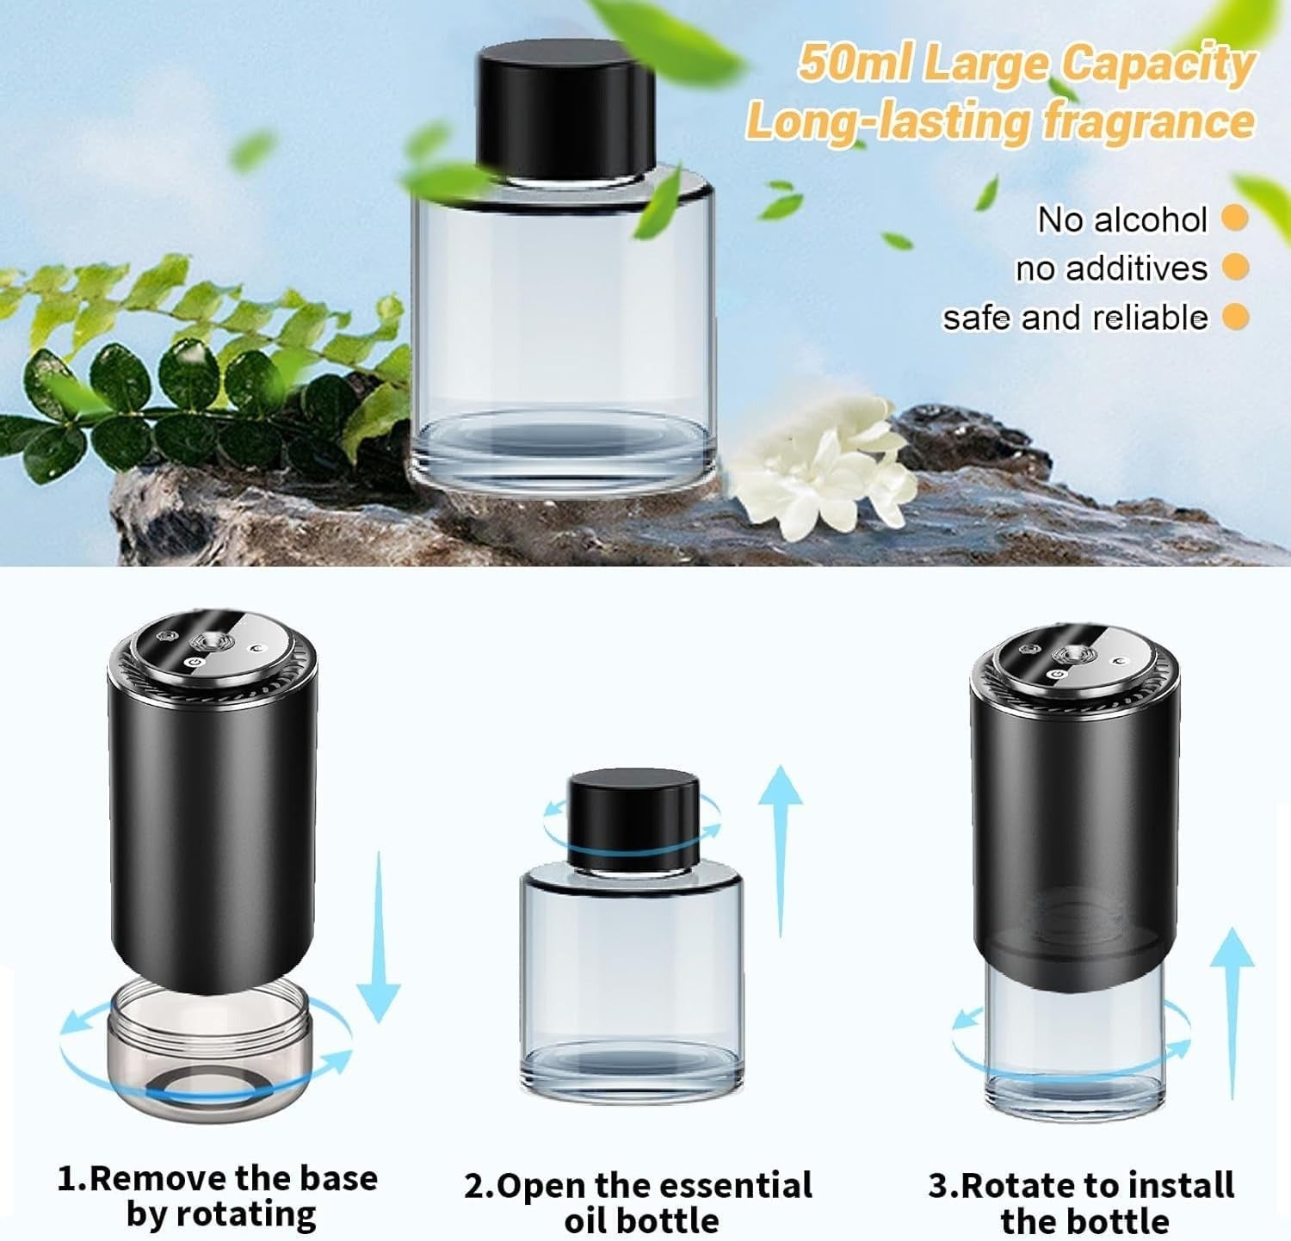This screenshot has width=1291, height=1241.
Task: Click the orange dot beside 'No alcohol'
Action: tap(1235, 219)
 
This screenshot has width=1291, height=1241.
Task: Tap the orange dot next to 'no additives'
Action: tap(1235, 268)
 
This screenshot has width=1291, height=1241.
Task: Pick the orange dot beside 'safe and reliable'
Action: tap(1235, 317)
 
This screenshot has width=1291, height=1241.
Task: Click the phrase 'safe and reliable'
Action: tap(1076, 318)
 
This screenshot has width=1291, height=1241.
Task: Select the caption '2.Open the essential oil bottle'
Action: tap(639, 1201)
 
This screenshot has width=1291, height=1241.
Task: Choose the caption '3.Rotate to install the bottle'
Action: tap(1081, 1201)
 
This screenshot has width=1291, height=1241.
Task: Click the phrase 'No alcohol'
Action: tap(1122, 219)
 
